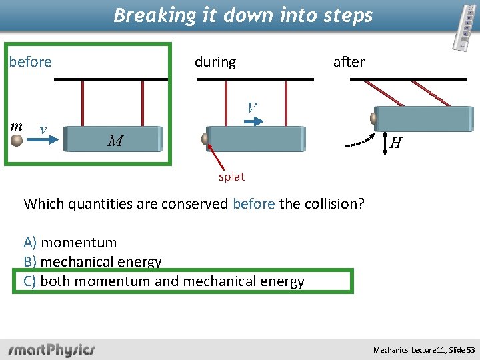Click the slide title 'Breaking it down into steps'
tap(243, 15)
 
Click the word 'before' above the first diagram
tap(31, 62)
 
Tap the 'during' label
tap(215, 62)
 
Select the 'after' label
tap(349, 62)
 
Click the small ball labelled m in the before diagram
tap(17, 139)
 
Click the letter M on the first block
tap(115, 141)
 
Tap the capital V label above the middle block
tap(251, 107)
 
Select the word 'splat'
tap(232, 177)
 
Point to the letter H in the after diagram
tap(395, 143)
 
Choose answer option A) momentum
tap(70, 243)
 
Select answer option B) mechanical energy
tap(93, 262)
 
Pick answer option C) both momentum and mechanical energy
tap(164, 281)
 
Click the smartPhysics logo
tap(51, 349)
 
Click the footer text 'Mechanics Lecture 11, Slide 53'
tap(425, 350)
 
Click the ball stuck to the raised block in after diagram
tap(373, 118)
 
